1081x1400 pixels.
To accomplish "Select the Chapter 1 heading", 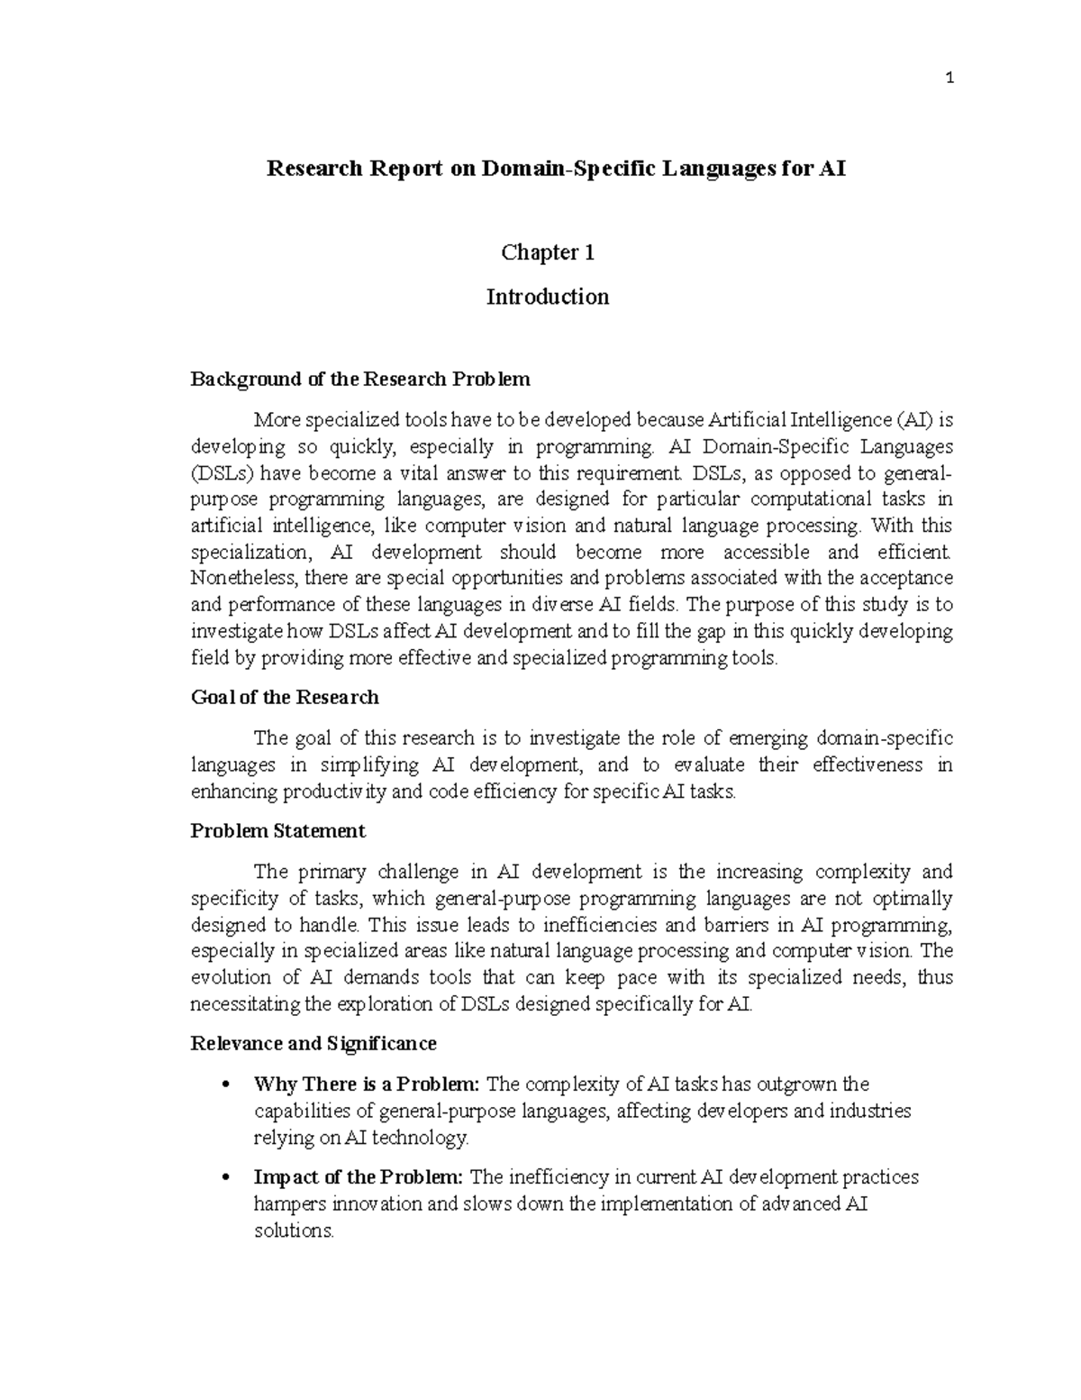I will (x=548, y=253).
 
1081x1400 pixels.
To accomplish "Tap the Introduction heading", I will (x=548, y=297).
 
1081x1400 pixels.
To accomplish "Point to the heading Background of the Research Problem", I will (x=360, y=379).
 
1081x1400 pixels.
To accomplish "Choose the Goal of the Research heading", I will (x=285, y=698).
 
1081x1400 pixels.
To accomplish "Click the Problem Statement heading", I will (x=277, y=830).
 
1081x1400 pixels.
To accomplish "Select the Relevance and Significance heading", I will (x=313, y=1044).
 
